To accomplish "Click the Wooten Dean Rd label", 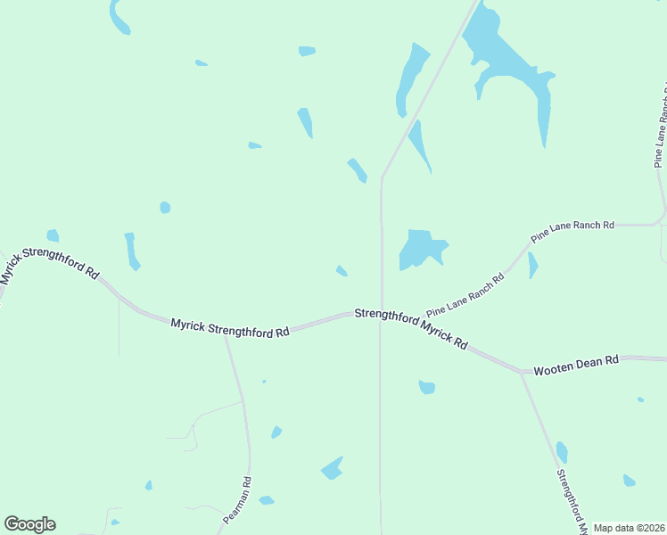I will pyautogui.click(x=576, y=365).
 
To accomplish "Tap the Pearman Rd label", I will pyautogui.click(x=238, y=499).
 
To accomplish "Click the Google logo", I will pyautogui.click(x=29, y=524).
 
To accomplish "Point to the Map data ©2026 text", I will pyautogui.click(x=629, y=528).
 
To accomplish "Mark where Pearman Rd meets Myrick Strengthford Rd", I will pyautogui.click(x=226, y=336).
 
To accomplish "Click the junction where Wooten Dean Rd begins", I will pyautogui.click(x=521, y=371).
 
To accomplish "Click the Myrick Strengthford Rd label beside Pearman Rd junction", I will pyautogui.click(x=231, y=328).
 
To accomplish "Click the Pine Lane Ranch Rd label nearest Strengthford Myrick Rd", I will pyautogui.click(x=465, y=296).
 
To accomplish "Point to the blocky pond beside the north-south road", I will pyautogui.click(x=421, y=248).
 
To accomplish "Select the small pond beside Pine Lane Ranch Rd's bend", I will pyautogui.click(x=532, y=265).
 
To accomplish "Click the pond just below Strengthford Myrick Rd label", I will pyautogui.click(x=427, y=387).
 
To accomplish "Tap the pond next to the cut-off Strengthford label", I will pyautogui.click(x=562, y=452).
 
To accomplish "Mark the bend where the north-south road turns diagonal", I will pyautogui.click(x=382, y=177).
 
